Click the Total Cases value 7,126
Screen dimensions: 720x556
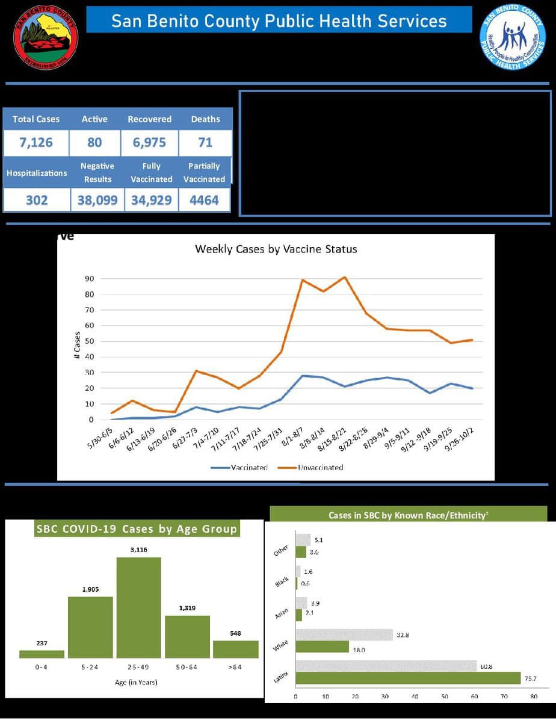(x=36, y=143)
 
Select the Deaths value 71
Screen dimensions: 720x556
(x=205, y=143)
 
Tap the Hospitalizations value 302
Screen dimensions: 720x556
(x=37, y=200)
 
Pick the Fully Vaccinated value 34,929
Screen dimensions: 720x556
(x=151, y=200)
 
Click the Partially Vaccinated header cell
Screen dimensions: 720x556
(x=205, y=172)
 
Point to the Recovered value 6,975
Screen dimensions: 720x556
(x=149, y=143)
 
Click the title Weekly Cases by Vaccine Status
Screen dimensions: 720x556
(x=276, y=249)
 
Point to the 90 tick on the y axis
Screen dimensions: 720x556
(x=88, y=279)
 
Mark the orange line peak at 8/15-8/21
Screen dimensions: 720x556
(x=344, y=278)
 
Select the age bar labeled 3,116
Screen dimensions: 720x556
(x=138, y=607)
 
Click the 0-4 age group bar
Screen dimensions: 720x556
(x=42, y=654)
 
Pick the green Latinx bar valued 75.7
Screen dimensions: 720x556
(x=408, y=678)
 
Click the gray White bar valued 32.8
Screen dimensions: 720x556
(x=344, y=635)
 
